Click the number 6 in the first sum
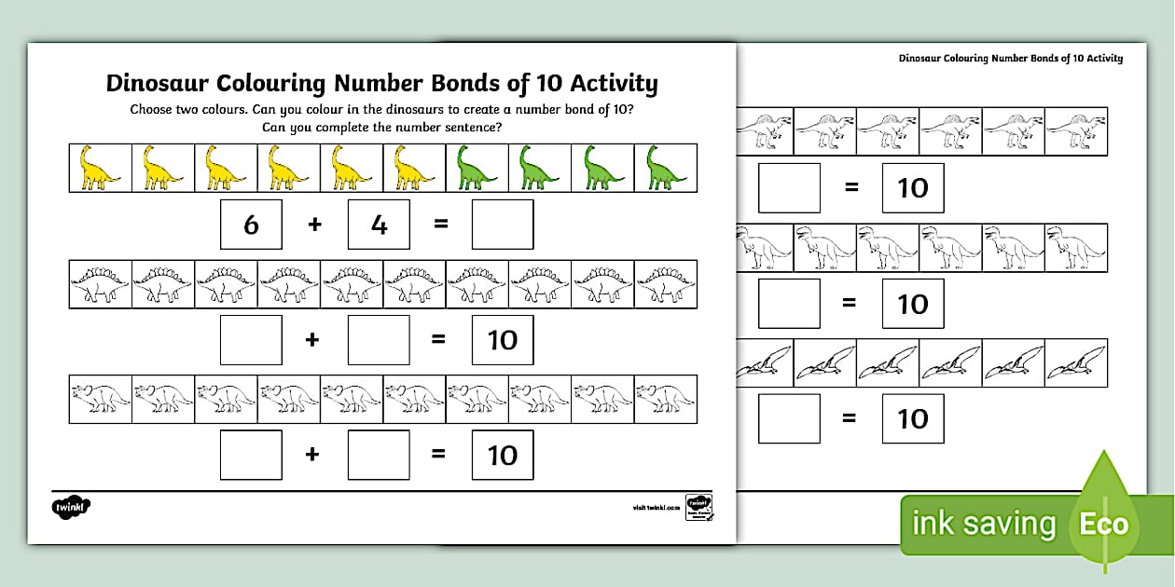tap(251, 225)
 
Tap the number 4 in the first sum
tap(379, 225)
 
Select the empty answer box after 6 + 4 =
tap(503, 225)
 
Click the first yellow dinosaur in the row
tap(100, 168)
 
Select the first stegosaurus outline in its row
tap(100, 283)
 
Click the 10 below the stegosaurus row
tap(503, 340)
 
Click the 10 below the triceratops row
tap(503, 455)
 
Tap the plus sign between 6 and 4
tap(314, 225)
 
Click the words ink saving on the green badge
tap(984, 524)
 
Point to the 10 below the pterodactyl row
tap(913, 418)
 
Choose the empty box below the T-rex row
tap(789, 304)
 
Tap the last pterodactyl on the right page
tap(1076, 362)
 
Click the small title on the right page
tap(1010, 58)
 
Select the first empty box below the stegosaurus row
tap(251, 340)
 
